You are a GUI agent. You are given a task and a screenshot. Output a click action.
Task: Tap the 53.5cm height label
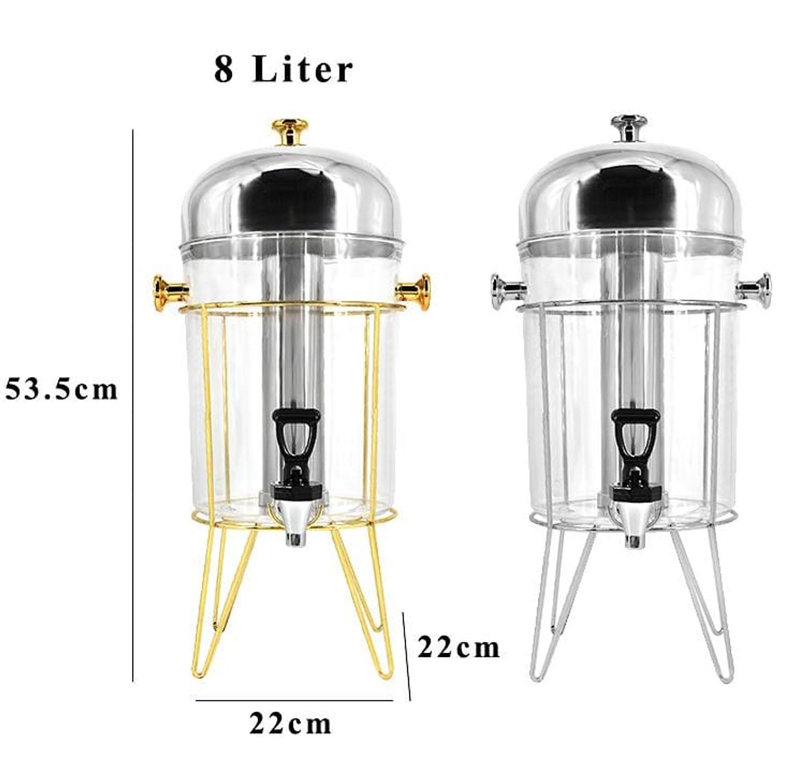(62, 389)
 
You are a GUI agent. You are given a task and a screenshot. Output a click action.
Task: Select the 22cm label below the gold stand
(291, 724)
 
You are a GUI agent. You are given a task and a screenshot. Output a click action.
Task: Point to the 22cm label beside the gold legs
(458, 647)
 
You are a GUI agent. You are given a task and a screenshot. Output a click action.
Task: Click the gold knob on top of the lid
(290, 132)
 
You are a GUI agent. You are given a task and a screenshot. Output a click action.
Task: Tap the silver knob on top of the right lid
(629, 128)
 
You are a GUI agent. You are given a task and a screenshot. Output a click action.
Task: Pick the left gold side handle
(170, 293)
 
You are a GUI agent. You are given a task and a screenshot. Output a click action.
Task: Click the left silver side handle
(508, 291)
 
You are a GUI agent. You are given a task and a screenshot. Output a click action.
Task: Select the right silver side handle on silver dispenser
(753, 291)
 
